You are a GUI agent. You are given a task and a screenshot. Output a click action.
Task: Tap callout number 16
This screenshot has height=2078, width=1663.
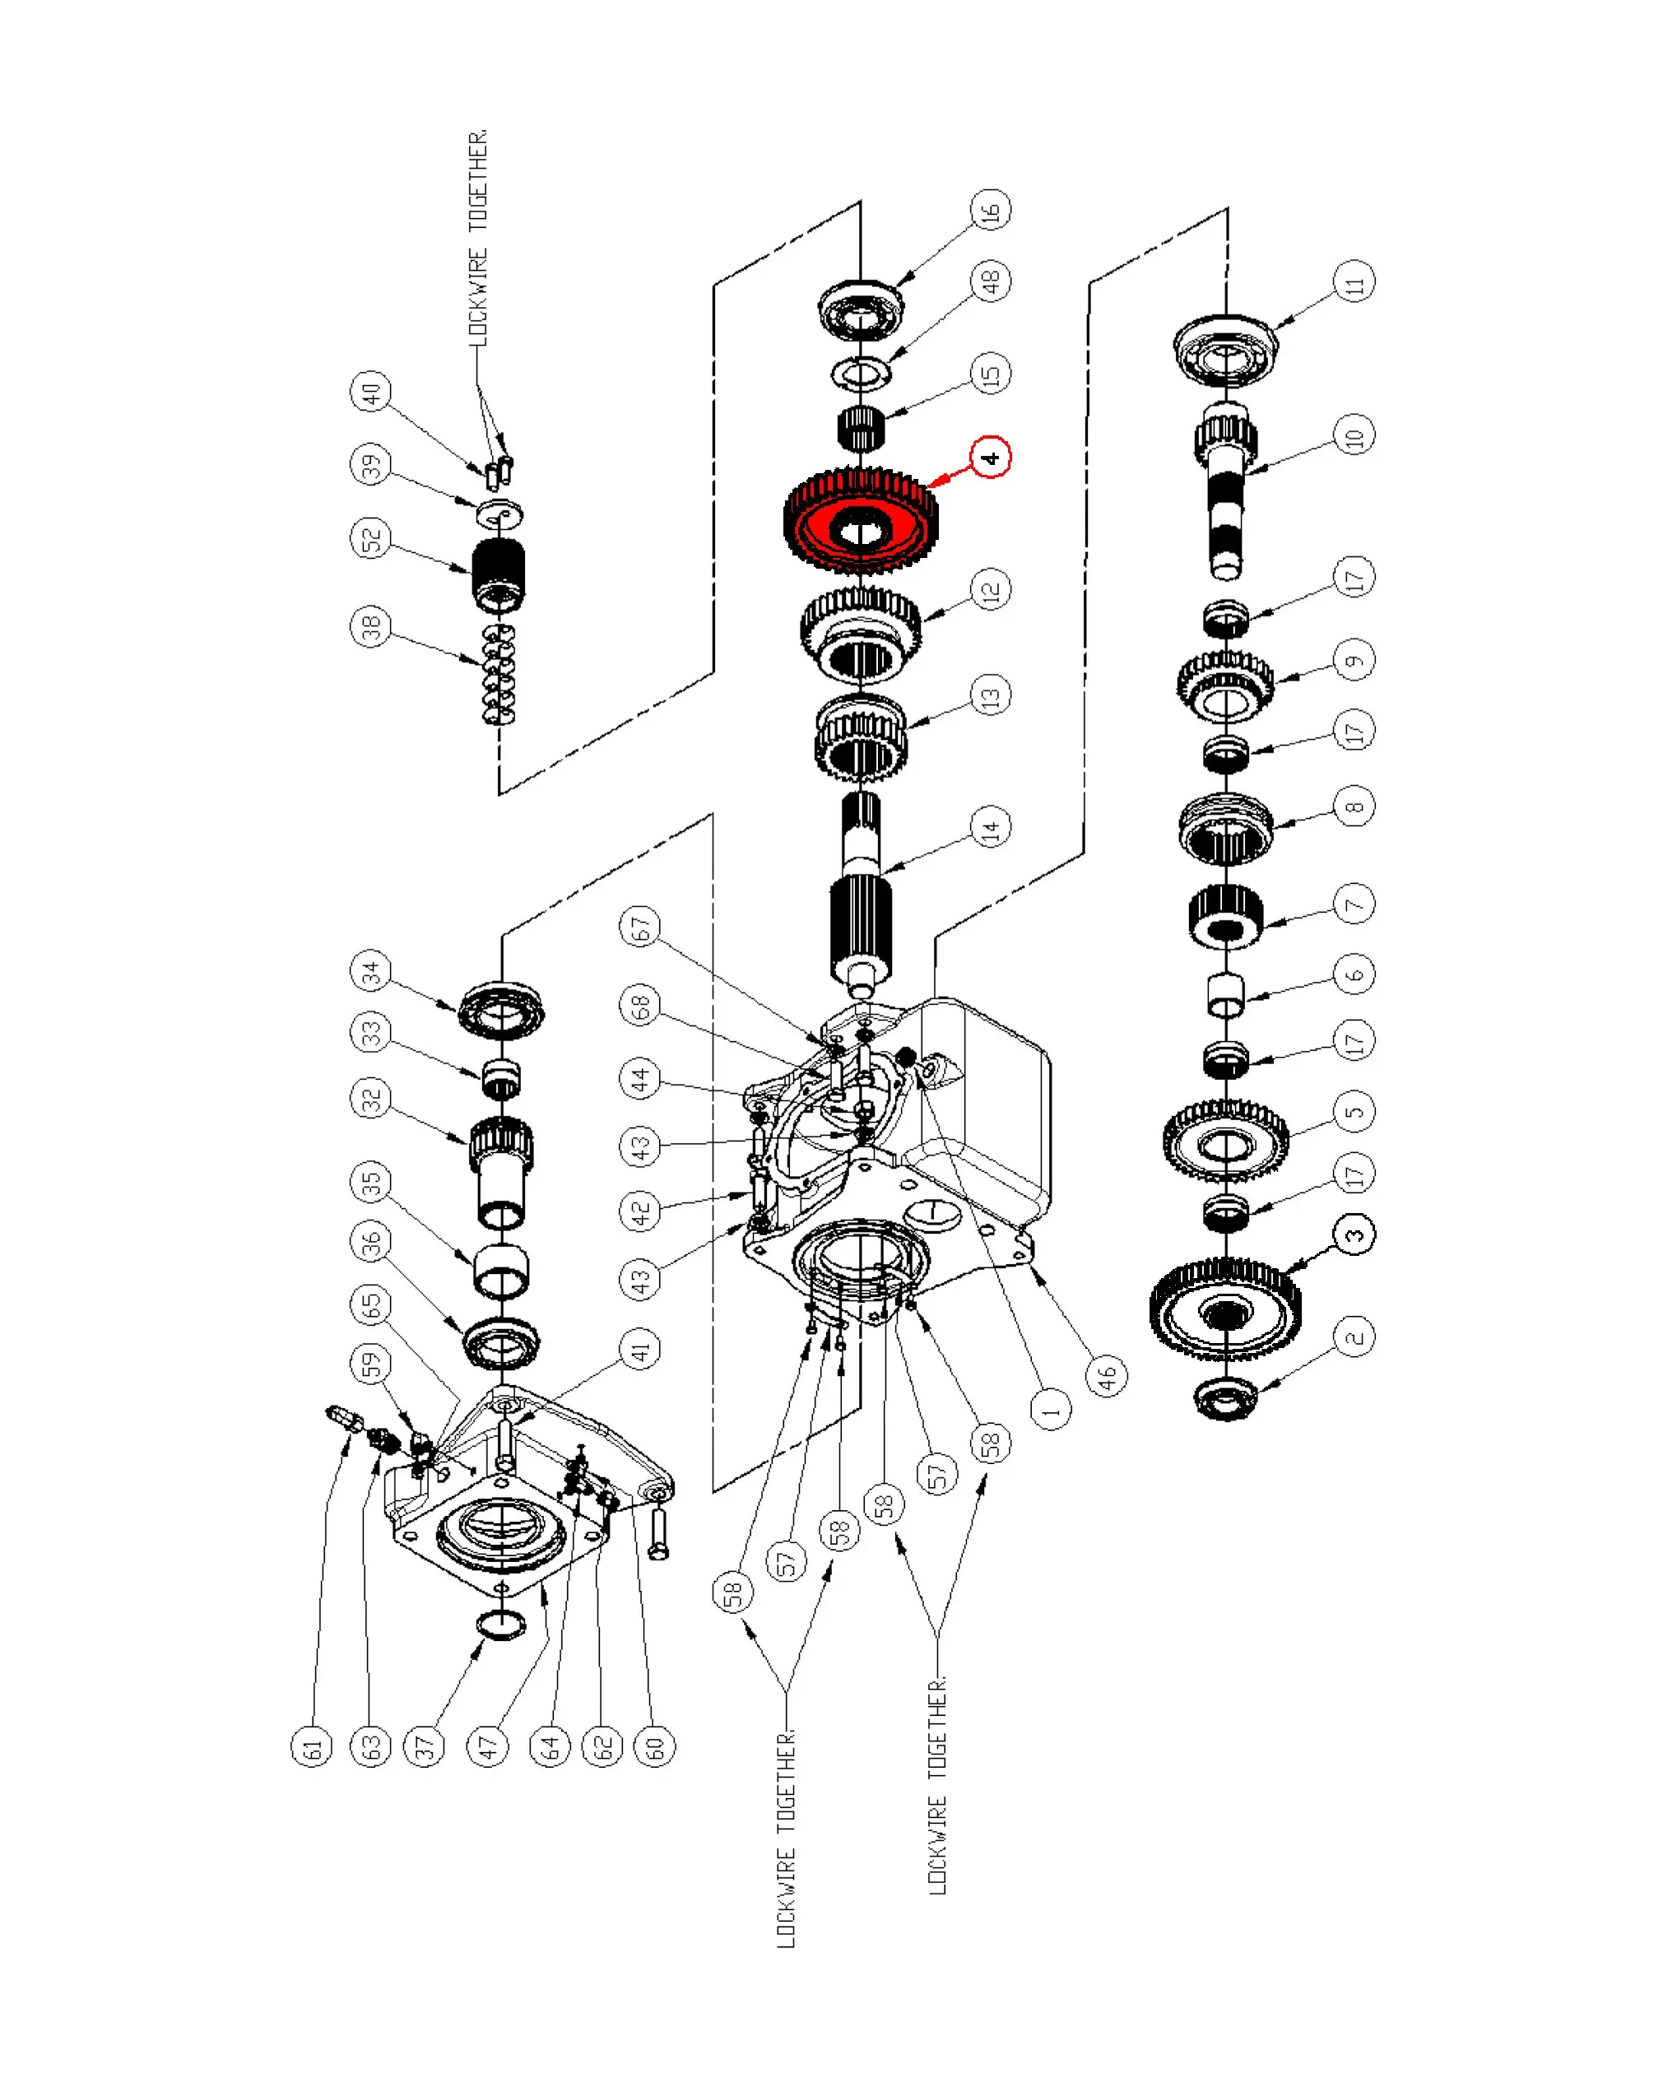991,209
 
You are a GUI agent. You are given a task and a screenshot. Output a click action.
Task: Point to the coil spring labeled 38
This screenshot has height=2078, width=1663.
498,674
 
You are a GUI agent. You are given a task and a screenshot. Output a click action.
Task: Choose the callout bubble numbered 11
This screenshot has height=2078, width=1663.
1354,281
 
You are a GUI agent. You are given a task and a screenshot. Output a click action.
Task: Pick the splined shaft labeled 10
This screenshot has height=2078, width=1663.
1225,491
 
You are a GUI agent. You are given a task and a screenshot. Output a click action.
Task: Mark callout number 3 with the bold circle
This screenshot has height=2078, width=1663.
1354,1234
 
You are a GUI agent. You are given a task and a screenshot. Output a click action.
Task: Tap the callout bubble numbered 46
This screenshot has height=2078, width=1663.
1106,1375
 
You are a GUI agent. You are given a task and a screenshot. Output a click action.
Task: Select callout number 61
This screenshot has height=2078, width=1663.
311,1746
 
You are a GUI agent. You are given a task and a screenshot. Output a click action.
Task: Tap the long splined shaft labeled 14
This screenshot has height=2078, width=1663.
861,896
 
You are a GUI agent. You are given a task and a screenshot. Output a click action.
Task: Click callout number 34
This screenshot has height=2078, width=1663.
371,970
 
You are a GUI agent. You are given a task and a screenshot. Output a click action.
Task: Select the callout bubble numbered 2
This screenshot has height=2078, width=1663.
1354,1337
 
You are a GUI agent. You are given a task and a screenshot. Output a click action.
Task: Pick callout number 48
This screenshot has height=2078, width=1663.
991,281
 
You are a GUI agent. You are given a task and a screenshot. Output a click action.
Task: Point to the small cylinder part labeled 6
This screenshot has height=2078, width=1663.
1225,995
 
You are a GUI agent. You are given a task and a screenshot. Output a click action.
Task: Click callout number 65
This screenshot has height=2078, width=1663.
371,1304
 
